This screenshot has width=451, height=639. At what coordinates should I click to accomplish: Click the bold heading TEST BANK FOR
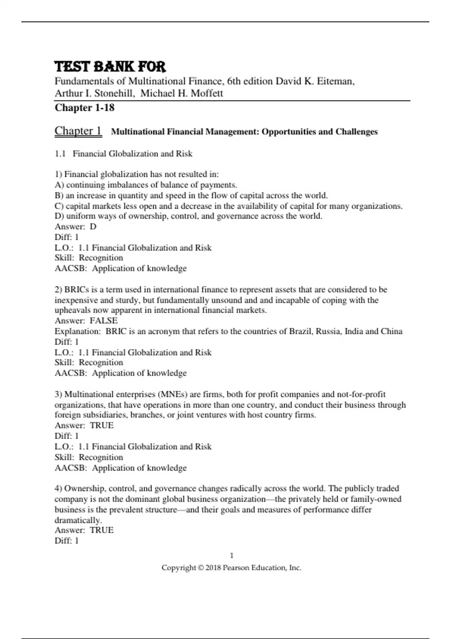pos(110,67)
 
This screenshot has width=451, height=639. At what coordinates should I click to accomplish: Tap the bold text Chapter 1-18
pos(85,108)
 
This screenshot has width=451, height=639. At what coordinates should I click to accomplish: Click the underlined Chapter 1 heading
pos(78,131)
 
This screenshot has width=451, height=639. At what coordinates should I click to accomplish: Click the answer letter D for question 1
pos(93,227)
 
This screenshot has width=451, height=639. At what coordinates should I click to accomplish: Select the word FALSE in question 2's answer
pos(104,321)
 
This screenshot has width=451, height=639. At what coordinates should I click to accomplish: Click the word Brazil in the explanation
pos(300,331)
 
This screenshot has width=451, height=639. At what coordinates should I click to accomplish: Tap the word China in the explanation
pos(392,331)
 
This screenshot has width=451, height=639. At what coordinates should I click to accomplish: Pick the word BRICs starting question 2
pos(77,290)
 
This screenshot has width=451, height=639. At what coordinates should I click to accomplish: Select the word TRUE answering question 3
pos(101,425)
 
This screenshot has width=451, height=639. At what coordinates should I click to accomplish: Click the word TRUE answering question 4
pos(101,530)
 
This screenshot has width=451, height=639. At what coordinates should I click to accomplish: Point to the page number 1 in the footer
pos(232,556)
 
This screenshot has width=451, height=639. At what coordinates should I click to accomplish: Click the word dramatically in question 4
pos(78,521)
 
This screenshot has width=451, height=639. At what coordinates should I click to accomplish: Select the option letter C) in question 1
pos(59,206)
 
